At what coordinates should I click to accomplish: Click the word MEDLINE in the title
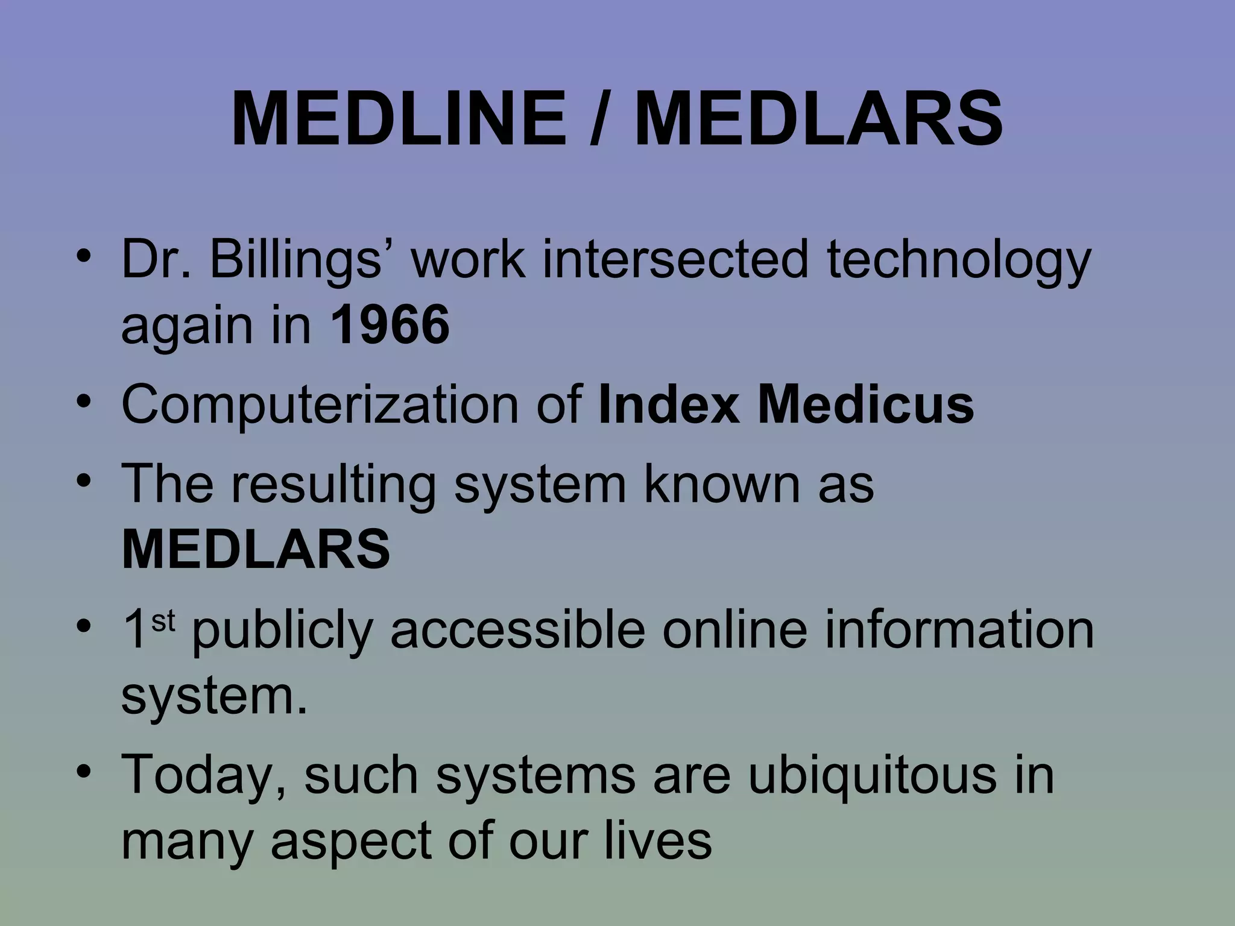(399, 119)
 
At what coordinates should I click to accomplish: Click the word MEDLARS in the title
(819, 119)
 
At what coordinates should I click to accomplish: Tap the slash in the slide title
(599, 119)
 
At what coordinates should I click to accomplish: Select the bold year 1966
(390, 325)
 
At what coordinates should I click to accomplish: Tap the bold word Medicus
(866, 405)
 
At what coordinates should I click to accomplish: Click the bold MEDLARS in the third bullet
(256, 549)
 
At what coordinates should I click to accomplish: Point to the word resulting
(332, 484)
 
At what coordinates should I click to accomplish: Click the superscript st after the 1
(163, 621)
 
